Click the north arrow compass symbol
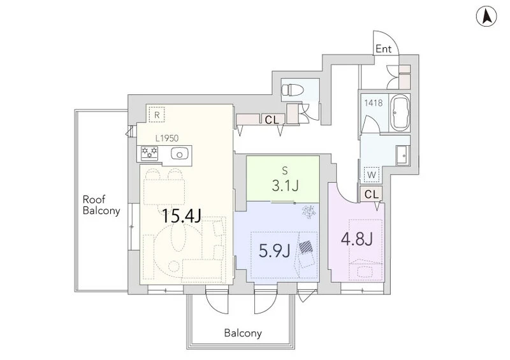point(486,17)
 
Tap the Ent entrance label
point(384,49)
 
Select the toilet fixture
point(292,89)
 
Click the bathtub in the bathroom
point(400,113)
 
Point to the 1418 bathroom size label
point(373,103)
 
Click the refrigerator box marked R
point(157,115)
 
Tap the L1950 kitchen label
point(167,138)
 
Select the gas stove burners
point(149,153)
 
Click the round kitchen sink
point(178,154)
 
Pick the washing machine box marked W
point(372,175)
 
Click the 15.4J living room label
point(181,216)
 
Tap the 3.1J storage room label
point(285,185)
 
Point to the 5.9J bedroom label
point(274,251)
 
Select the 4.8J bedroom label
point(356,240)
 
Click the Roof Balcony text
point(101,205)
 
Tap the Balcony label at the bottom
point(243,333)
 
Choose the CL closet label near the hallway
point(272,120)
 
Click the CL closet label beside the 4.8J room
point(372,194)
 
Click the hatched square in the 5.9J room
point(306,247)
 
